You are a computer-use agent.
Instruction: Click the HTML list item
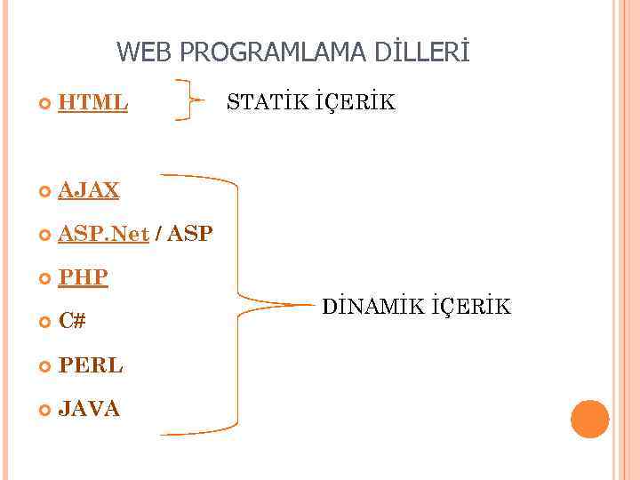pyautogui.click(x=92, y=103)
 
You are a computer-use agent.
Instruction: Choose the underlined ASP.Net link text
pyautogui.click(x=103, y=234)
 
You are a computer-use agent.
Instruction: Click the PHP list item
pyautogui.click(x=83, y=277)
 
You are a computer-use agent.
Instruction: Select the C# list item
pyautogui.click(x=72, y=321)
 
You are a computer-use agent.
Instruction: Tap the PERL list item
pyautogui.click(x=90, y=364)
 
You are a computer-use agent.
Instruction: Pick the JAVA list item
pyautogui.click(x=89, y=408)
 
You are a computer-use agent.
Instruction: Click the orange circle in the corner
pyautogui.click(x=589, y=419)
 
